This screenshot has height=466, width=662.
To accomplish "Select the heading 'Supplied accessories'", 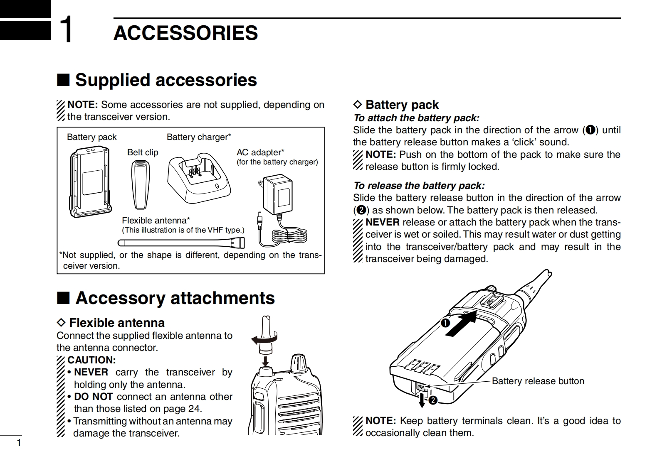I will (165, 80).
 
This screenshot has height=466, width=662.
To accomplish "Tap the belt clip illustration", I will (140, 184).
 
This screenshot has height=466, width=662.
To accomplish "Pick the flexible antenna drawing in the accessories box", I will (181, 242).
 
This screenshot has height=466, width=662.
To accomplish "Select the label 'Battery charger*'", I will (199, 137).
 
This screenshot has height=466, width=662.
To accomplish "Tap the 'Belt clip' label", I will (143, 152).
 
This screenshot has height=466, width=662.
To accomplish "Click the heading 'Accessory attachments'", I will (175, 298).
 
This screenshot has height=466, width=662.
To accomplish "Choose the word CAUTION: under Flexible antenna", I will (91, 360).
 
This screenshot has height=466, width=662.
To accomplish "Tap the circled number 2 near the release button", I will (433, 400).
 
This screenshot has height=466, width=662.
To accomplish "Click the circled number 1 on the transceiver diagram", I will (446, 322).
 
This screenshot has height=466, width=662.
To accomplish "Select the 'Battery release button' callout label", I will (538, 381).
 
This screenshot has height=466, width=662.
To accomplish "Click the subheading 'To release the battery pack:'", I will (419, 186).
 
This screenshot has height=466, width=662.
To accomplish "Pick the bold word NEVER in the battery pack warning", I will (382, 223).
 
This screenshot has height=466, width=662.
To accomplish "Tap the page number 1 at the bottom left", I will (18, 443).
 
